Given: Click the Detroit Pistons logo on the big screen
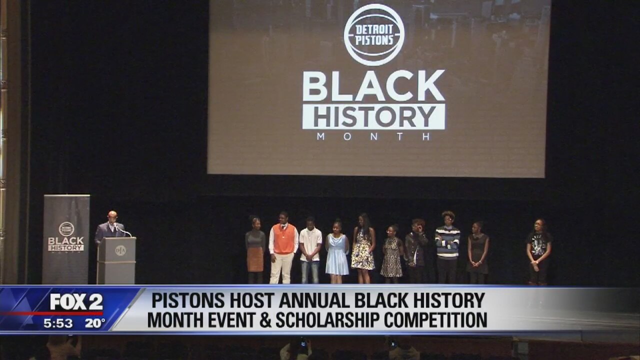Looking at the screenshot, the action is coord(374,35).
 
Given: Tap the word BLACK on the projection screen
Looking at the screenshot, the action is coord(373,85).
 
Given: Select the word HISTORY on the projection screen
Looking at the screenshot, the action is coord(373,116).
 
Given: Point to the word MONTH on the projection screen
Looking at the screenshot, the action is coord(373,136).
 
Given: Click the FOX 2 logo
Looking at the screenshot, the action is coord(76,301).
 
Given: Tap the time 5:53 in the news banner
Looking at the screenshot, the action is coord(58,323).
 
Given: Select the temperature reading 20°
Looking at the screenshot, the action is coord(95,323).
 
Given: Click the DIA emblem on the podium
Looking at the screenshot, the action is coord(120,250).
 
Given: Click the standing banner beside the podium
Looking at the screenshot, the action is coord(66,239).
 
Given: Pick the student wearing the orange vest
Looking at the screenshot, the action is coord(283,247).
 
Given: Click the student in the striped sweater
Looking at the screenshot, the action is coord(447,247).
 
